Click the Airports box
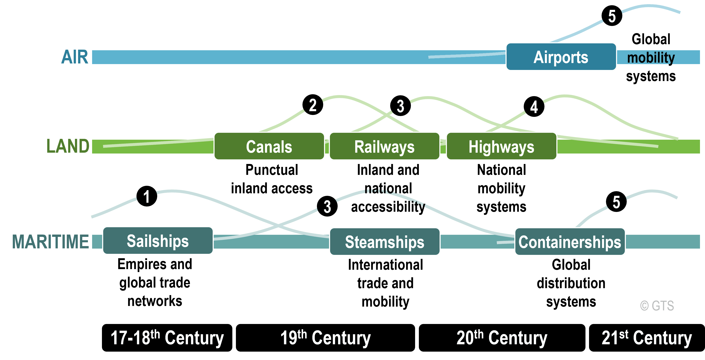tap(561, 57)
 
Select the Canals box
tap(269, 146)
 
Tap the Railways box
tap(384, 146)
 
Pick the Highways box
tap(501, 146)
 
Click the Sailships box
tap(158, 241)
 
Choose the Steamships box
tap(385, 242)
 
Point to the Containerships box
tap(570, 242)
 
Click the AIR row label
tap(75, 57)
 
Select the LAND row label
tap(68, 146)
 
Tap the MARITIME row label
tap(51, 241)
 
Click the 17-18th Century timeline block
tap(167, 338)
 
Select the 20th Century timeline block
tap(502, 338)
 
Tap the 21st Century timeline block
tap(646, 338)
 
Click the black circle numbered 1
tap(147, 196)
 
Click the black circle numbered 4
tap(534, 107)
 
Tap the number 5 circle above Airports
tap(612, 16)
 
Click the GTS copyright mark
tap(657, 306)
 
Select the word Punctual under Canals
tap(271, 170)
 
